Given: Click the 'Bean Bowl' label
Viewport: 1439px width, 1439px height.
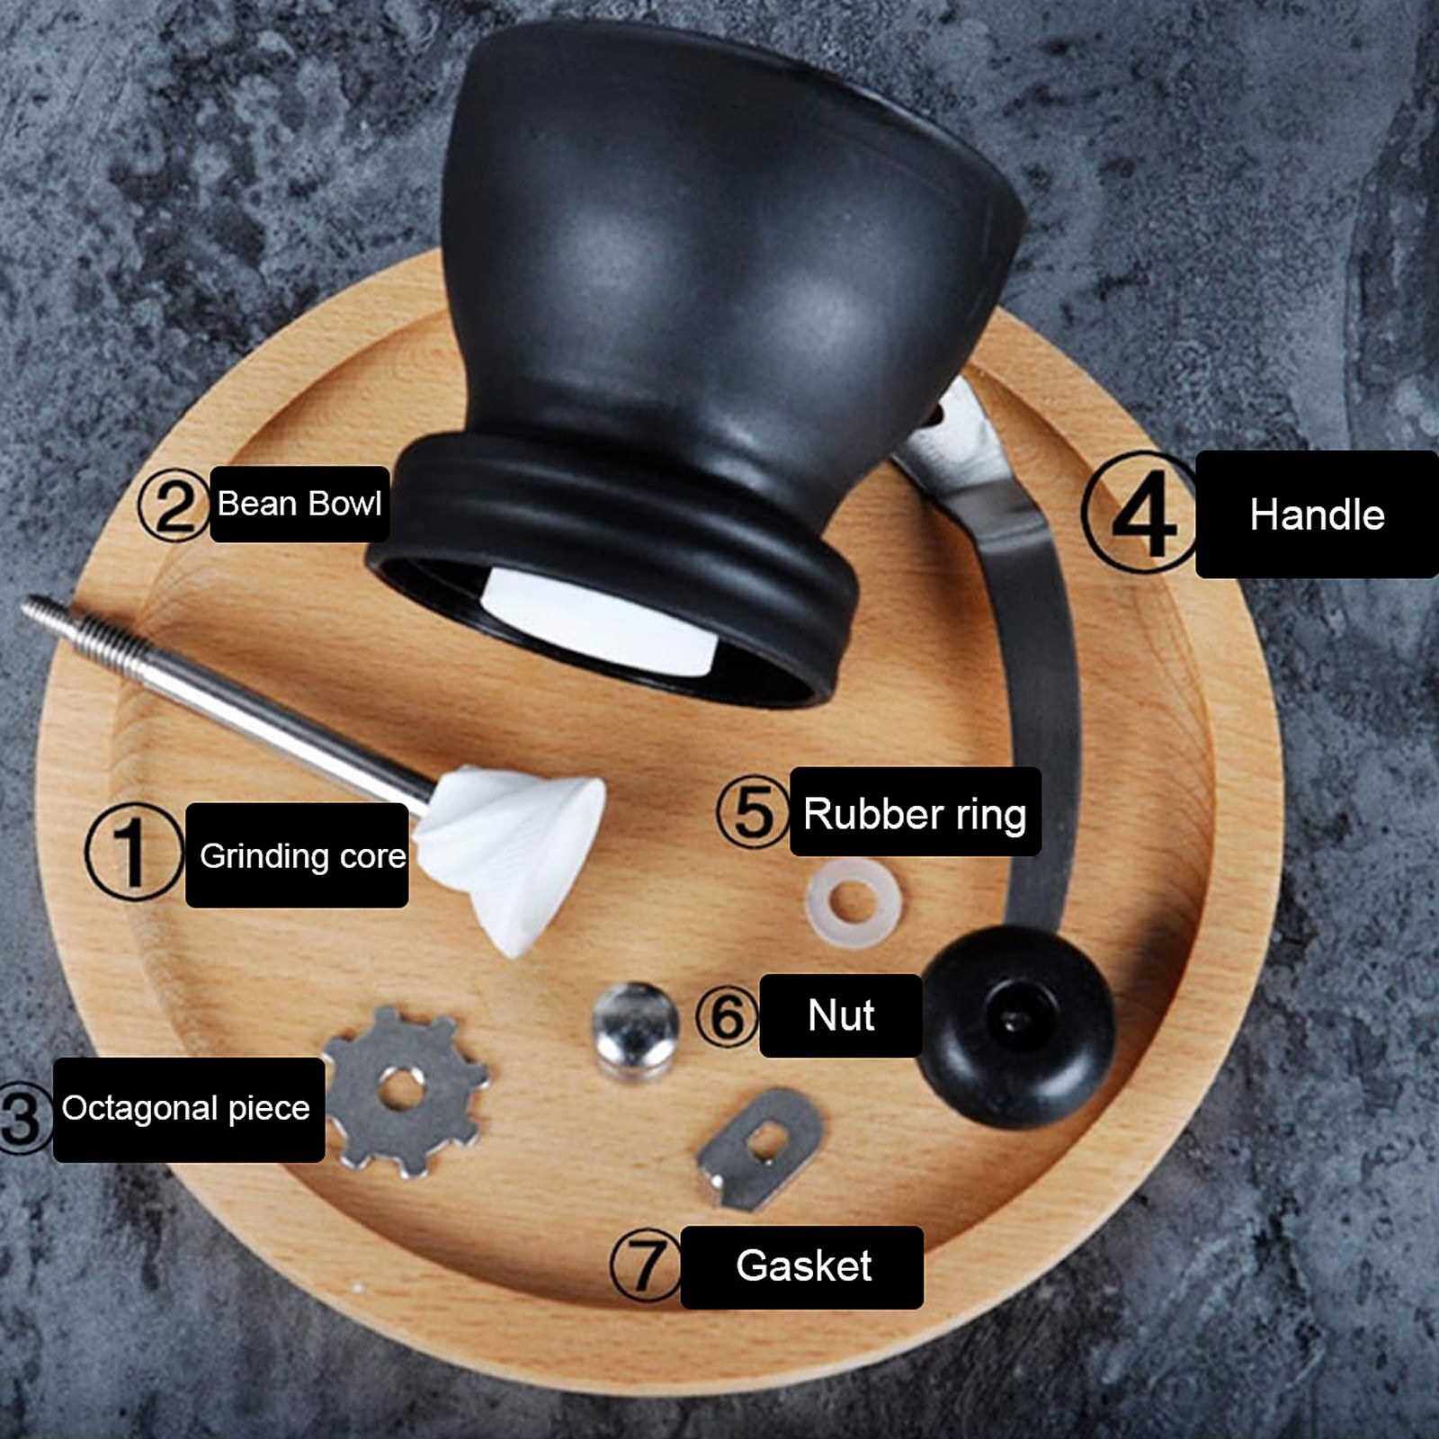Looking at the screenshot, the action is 299,504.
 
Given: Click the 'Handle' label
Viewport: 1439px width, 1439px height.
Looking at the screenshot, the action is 1317,514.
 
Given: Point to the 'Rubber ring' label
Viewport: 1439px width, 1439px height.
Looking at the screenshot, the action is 916,812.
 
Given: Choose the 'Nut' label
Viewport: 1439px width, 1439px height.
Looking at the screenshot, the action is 841,1015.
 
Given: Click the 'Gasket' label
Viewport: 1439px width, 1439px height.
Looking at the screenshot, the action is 802,1266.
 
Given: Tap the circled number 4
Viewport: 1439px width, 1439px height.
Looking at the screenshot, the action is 1140,513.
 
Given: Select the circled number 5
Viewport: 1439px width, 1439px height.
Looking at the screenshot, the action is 754,811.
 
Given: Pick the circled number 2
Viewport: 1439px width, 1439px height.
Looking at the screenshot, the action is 174,506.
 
